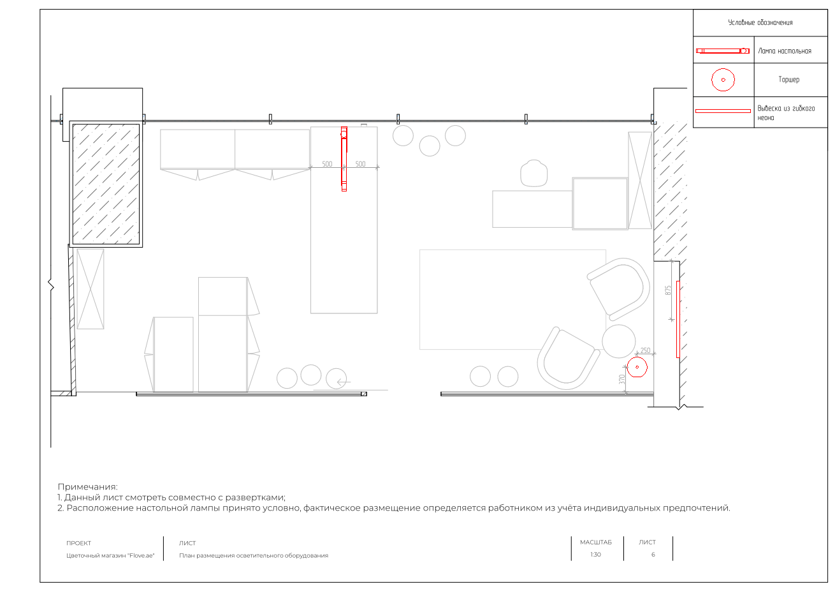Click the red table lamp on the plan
coord(344,159)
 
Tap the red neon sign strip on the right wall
coord(678,319)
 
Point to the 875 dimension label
coord(668,290)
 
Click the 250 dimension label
coord(645,350)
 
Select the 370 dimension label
coord(621,379)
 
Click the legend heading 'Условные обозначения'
coord(760,22)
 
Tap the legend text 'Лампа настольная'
coord(785,51)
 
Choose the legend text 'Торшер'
coord(788,79)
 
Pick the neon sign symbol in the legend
coord(723,111)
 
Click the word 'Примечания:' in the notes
coord(87,487)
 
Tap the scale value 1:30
coord(595,555)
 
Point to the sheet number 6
coord(653,555)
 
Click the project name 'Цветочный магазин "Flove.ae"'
coord(110,555)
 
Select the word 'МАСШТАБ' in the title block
coord(596,542)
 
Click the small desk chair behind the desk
coord(534,173)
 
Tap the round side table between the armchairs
coord(618,341)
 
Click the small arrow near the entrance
coord(344,382)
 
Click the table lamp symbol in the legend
coord(722,51)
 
